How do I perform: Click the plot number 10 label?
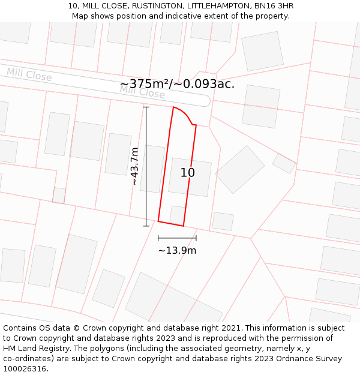click(188, 173)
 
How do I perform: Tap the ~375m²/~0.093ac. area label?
click(177, 84)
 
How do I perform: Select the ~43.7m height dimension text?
click(135, 166)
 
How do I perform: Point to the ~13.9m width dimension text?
click(177, 250)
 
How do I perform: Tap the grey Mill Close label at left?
click(29, 74)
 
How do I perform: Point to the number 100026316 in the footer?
click(25, 368)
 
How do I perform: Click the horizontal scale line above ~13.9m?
click(177, 238)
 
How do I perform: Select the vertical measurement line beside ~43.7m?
click(146, 166)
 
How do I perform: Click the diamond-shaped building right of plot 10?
click(240, 169)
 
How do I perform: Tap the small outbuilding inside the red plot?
click(177, 214)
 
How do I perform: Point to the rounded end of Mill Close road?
click(205, 100)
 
